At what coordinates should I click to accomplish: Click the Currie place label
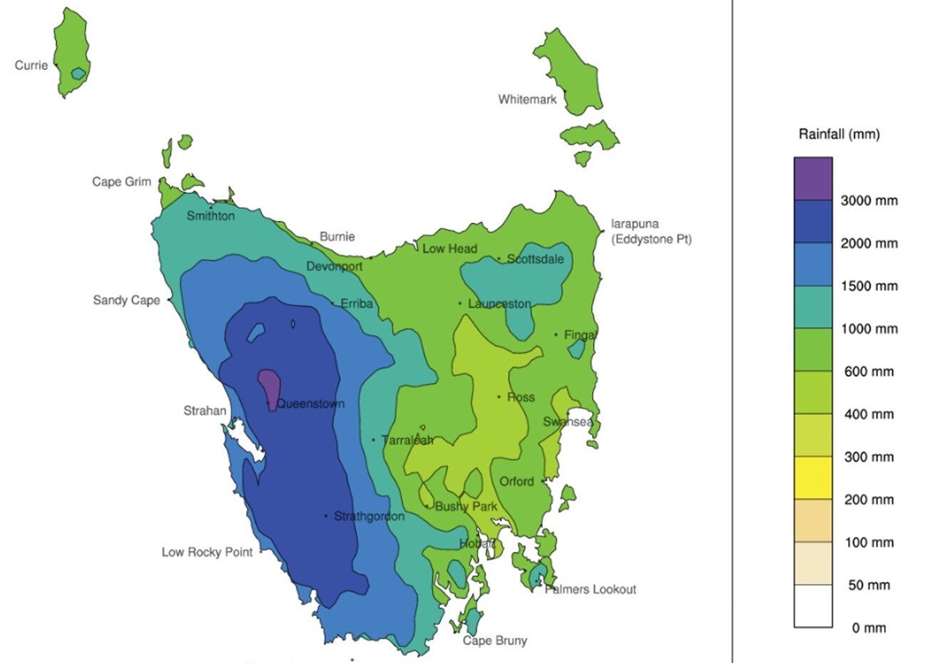31,66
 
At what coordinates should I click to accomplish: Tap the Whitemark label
527,100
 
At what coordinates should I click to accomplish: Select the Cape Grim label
121,182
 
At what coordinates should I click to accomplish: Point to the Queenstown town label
310,404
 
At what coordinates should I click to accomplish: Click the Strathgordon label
369,516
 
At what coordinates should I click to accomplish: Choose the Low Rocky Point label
207,552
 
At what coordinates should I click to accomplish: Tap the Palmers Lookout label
591,590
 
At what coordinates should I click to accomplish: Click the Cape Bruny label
495,640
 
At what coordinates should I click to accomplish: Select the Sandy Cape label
126,300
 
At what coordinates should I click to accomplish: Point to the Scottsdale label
535,259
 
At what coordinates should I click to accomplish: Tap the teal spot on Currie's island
78,73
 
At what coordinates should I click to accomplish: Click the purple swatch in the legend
813,178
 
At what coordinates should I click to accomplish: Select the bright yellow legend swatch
813,478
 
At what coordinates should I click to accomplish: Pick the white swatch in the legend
813,606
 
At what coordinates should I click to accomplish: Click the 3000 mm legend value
869,201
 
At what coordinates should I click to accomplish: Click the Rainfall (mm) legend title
839,134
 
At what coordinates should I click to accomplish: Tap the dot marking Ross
499,397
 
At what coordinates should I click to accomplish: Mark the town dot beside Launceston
460,304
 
